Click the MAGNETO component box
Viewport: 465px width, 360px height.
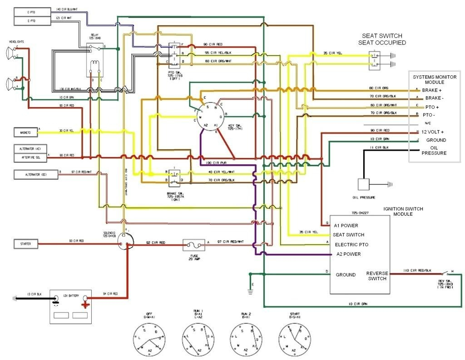(25, 133)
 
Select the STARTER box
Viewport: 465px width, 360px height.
(25, 244)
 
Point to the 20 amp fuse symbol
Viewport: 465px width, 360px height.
(193, 245)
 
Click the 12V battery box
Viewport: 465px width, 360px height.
(71, 306)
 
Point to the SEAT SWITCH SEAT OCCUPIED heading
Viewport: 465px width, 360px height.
(382, 39)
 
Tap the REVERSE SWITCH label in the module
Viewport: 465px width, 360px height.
(376, 276)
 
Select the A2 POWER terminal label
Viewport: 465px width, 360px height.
(349, 254)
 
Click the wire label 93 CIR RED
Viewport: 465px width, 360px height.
(76, 241)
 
